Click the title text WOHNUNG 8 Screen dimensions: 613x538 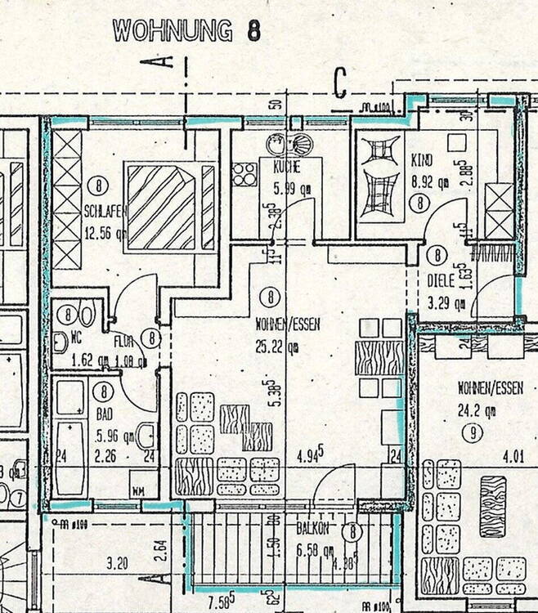click(187, 31)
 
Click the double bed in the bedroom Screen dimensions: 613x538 click(169, 207)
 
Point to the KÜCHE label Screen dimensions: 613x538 click(286, 168)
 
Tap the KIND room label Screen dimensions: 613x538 click(422, 162)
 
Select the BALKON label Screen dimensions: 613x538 click(312, 530)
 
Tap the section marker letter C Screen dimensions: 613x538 click(341, 83)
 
